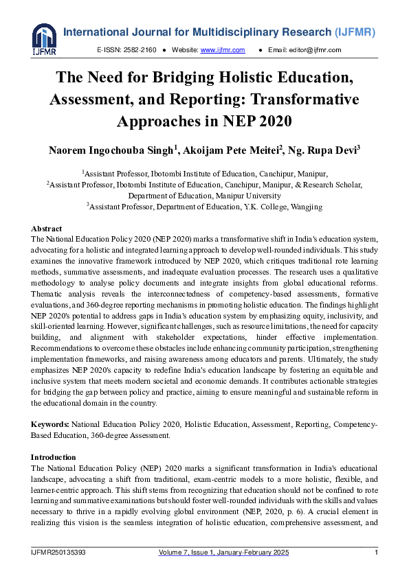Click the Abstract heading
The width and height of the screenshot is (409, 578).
click(x=46, y=229)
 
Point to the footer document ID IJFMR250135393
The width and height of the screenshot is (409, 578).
click(x=58, y=553)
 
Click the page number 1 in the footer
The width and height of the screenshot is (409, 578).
click(x=376, y=553)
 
